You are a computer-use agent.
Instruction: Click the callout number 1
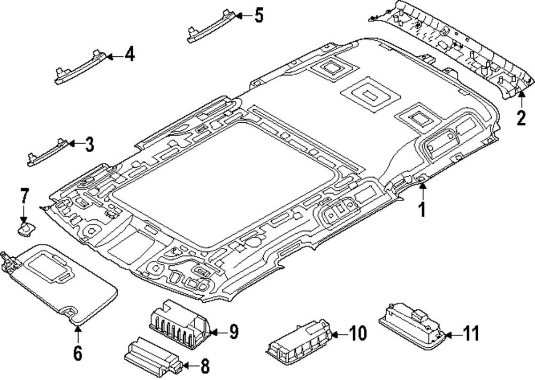pos(422,209)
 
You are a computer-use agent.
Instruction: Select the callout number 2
pos(521,118)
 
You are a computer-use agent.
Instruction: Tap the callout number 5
pos(259,16)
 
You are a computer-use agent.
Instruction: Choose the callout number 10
pos(357,333)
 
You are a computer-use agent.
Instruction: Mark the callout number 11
pos(471,333)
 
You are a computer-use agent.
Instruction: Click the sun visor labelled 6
pos(60,282)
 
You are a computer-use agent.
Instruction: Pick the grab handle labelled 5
pos(211,27)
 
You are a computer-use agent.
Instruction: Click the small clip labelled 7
pos(26,229)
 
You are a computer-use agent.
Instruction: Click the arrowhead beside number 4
pos(110,56)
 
